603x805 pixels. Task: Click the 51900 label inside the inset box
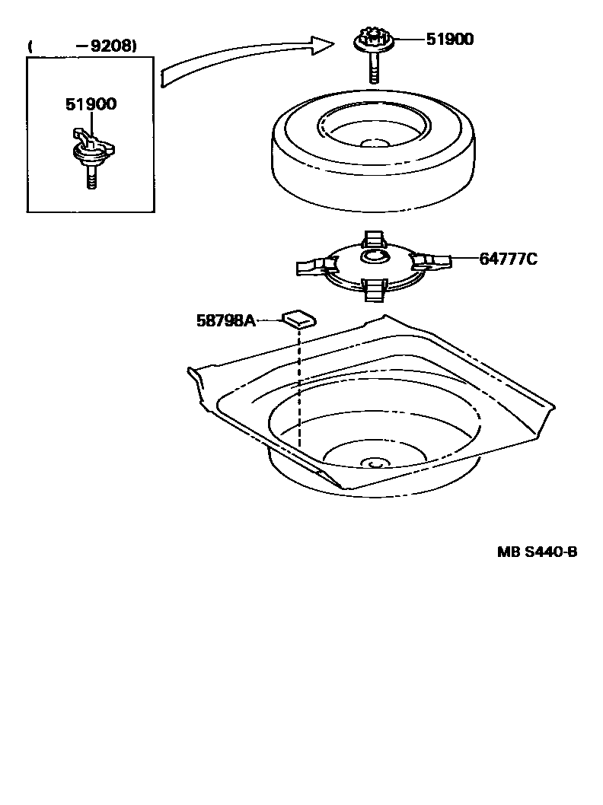point(91,104)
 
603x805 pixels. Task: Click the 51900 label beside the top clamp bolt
point(447,38)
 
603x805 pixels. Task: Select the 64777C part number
point(508,259)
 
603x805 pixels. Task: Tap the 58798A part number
point(225,321)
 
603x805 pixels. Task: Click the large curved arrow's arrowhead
point(321,46)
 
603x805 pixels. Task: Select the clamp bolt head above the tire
point(372,39)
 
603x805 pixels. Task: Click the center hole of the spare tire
point(374,143)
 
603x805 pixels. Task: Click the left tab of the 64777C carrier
point(314,266)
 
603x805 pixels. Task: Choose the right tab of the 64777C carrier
point(431,261)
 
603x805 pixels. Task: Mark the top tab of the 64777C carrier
point(373,237)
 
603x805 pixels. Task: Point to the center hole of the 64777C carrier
point(373,258)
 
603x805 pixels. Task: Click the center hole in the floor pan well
point(374,462)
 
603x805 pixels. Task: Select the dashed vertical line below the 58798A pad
point(300,388)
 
